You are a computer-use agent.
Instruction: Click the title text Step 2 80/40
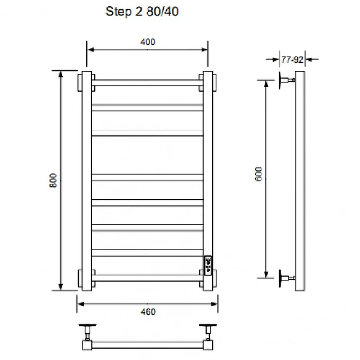142,12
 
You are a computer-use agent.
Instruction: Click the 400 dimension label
148,42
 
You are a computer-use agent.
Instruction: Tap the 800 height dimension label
53,180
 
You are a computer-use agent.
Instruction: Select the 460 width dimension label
148,311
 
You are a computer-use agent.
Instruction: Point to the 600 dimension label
258,174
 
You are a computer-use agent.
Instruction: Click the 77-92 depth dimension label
292,59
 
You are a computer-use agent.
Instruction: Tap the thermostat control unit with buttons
208,265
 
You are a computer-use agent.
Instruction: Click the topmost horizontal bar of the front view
148,83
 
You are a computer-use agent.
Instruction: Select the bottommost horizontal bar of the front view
148,278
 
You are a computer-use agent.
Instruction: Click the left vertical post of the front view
87,181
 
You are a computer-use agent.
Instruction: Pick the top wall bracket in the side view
287,80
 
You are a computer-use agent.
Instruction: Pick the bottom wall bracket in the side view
287,278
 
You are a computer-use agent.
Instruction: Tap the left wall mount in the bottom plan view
87,332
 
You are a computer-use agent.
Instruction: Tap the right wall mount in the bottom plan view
208,332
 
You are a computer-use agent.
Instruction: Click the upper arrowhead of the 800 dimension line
61,74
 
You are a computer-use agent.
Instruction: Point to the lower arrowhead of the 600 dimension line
266,274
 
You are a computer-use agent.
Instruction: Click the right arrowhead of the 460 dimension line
214,304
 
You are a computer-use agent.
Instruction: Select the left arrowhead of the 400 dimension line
91,49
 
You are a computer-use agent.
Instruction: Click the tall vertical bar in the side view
300,181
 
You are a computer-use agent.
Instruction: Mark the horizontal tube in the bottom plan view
148,345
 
